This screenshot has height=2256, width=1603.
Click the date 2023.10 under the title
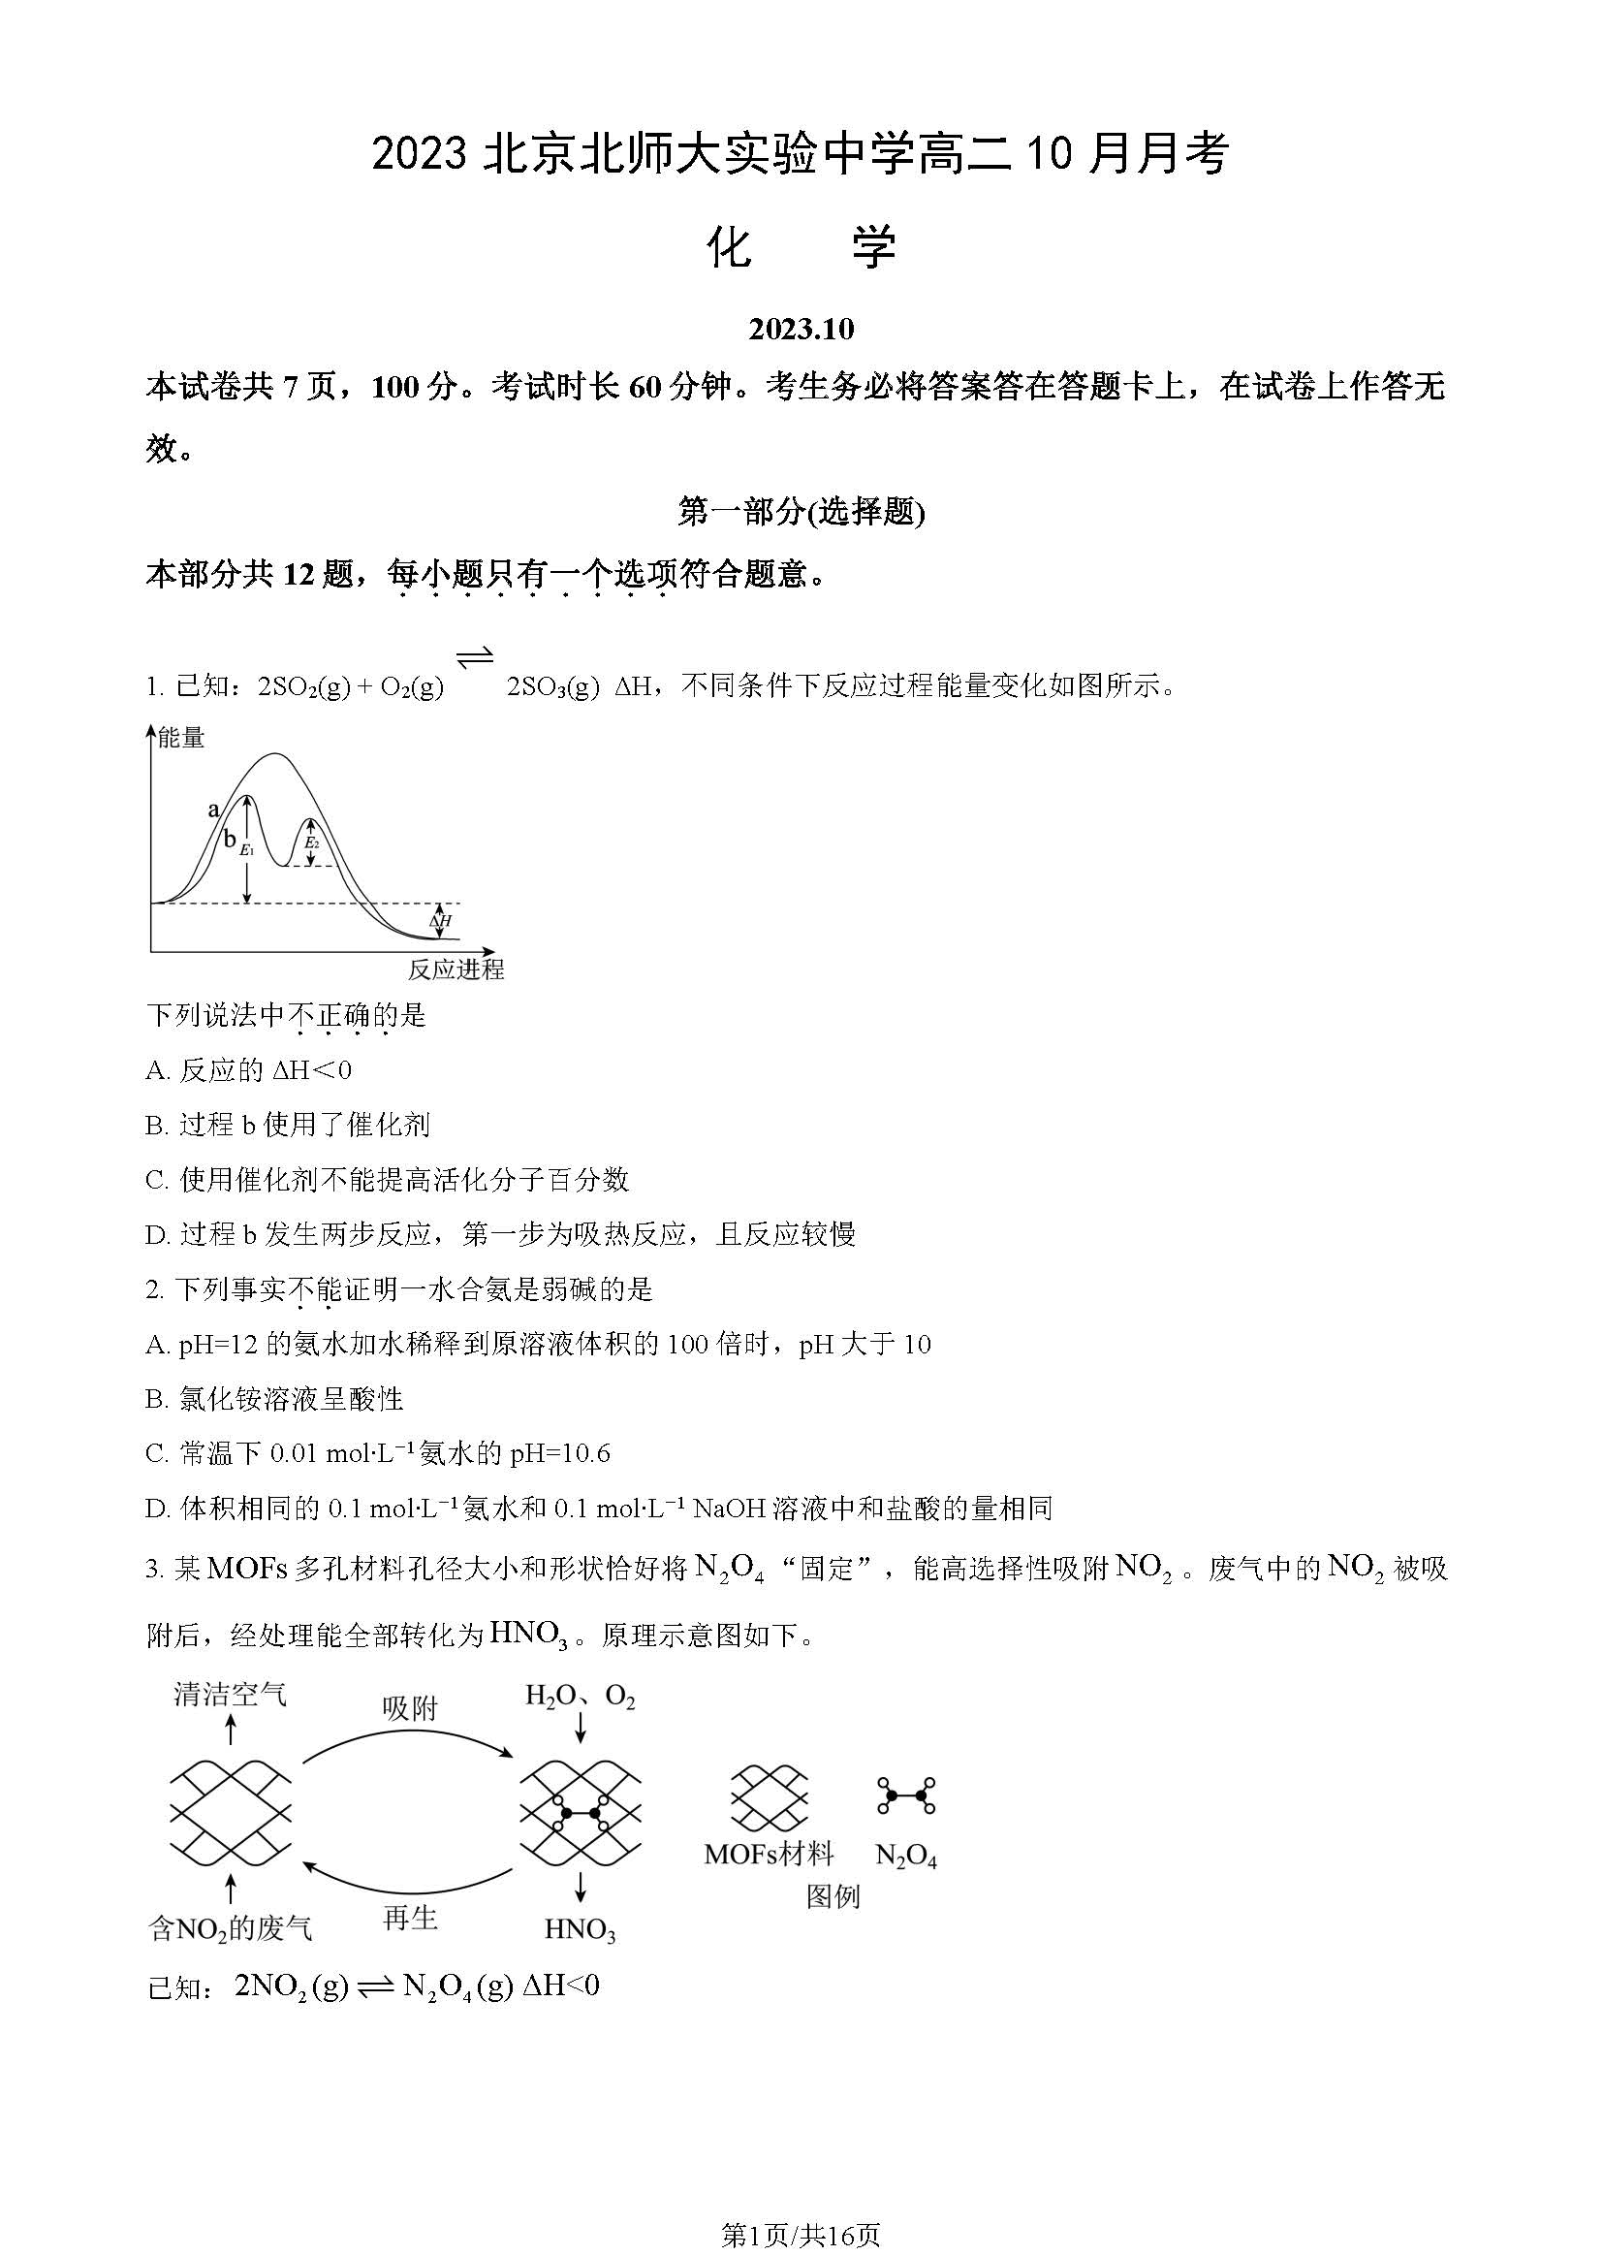[801, 329]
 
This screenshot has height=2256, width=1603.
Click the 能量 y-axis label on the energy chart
[181, 738]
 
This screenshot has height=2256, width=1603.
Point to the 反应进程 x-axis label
[456, 969]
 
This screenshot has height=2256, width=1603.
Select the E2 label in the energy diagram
[311, 843]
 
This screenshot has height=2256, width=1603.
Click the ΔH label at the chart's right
[440, 921]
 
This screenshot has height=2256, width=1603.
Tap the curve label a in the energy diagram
[213, 810]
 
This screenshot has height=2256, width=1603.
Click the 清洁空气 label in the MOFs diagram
[231, 1695]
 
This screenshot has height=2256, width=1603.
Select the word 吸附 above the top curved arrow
[410, 1708]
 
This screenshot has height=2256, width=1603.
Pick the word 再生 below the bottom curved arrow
[410, 1918]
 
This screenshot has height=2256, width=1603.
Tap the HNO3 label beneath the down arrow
[581, 1928]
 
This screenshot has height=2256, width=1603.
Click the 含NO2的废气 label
[230, 1928]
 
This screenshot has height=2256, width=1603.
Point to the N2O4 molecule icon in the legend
[906, 1795]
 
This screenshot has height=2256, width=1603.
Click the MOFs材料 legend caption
[769, 1855]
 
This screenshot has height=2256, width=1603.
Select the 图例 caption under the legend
[833, 1895]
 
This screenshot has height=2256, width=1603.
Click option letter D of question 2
[156, 1508]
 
